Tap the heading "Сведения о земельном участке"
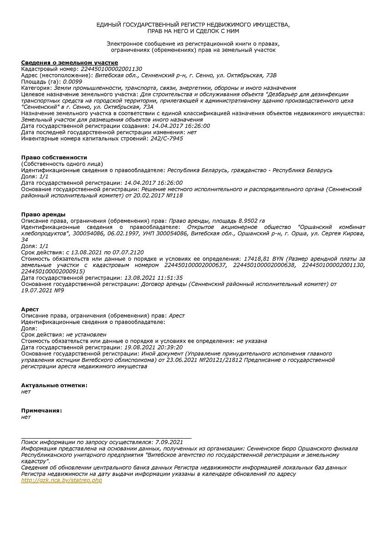point(70,62)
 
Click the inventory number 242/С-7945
point(167,138)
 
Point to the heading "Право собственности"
point(54,157)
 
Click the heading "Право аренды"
point(43,214)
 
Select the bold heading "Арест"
point(30,309)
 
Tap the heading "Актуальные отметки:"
point(54,385)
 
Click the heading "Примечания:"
point(42,410)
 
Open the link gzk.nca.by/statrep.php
point(62,480)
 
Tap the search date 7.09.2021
point(169,442)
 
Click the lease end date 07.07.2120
point(128,252)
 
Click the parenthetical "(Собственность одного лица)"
point(62,164)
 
